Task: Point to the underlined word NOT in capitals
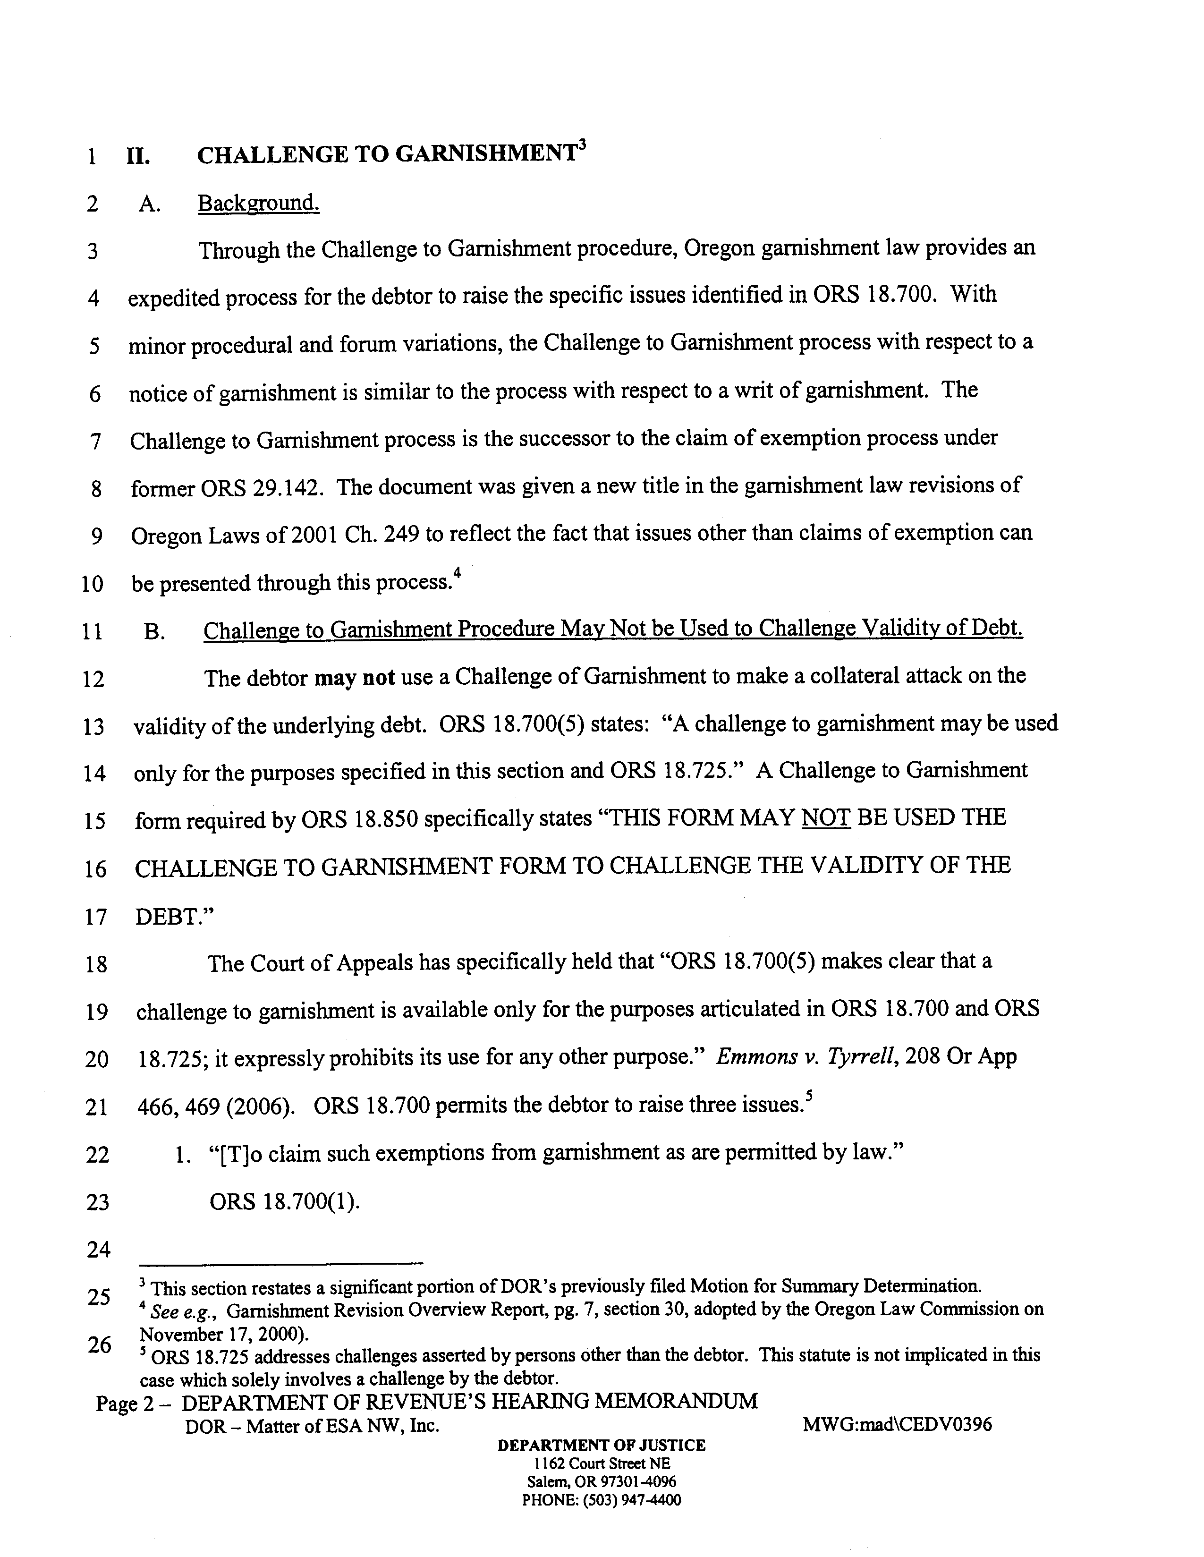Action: point(826,817)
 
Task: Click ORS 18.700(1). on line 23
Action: point(284,1202)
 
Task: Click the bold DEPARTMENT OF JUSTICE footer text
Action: point(602,1445)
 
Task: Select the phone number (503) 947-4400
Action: point(632,1500)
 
